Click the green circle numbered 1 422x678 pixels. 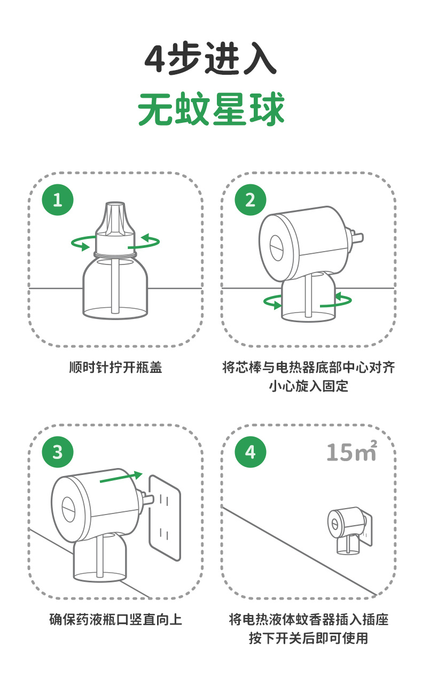pyautogui.click(x=58, y=200)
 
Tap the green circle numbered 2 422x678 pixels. pyautogui.click(x=251, y=200)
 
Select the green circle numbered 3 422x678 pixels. pyautogui.click(x=58, y=452)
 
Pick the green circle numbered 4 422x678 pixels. pyautogui.click(x=251, y=452)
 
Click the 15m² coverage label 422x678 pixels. pyautogui.click(x=352, y=451)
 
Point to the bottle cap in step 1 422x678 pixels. pyautogui.click(x=115, y=228)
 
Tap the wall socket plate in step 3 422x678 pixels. pyautogui.click(x=165, y=518)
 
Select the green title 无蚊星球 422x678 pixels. pyautogui.click(x=211, y=108)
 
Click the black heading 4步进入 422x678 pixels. pyautogui.click(x=210, y=59)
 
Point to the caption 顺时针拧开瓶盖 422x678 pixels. pyautogui.click(x=115, y=368)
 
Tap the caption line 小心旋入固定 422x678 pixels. pyautogui.click(x=309, y=386)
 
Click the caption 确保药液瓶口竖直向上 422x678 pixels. pyautogui.click(x=115, y=619)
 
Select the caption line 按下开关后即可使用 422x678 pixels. pyautogui.click(x=308, y=638)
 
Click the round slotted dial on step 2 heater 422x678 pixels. pyautogui.click(x=276, y=247)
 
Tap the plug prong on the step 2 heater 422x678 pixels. pyautogui.click(x=358, y=237)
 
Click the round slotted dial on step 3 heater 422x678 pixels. pyautogui.click(x=68, y=509)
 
